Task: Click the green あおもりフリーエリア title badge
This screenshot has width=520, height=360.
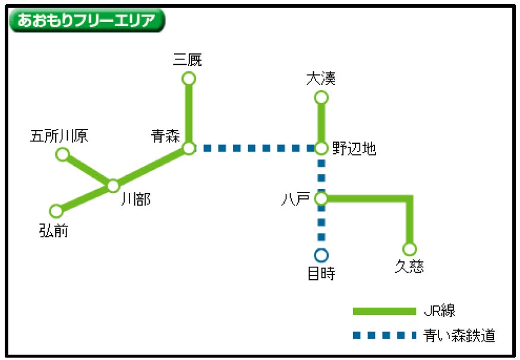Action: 87,21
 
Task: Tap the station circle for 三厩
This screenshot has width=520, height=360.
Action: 189,78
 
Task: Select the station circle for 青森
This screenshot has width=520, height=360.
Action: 189,148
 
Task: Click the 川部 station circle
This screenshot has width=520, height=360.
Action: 113,186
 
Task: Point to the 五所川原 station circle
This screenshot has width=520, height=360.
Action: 62,154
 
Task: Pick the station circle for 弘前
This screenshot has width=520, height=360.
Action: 56,211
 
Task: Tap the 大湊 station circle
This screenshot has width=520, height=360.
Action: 321,97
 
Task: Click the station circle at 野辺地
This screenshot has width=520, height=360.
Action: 321,148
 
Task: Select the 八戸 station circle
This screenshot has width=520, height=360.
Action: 321,198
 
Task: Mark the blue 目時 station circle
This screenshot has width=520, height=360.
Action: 321,255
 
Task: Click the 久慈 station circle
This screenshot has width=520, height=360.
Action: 409,249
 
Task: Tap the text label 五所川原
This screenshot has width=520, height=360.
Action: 59,137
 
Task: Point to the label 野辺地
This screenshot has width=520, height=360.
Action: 354,149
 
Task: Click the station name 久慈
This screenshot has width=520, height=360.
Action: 409,267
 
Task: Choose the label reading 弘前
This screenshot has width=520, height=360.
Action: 54,230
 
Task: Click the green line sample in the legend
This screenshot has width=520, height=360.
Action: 384,311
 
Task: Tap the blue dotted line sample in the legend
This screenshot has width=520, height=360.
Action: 384,336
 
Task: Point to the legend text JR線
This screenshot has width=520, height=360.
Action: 440,311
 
